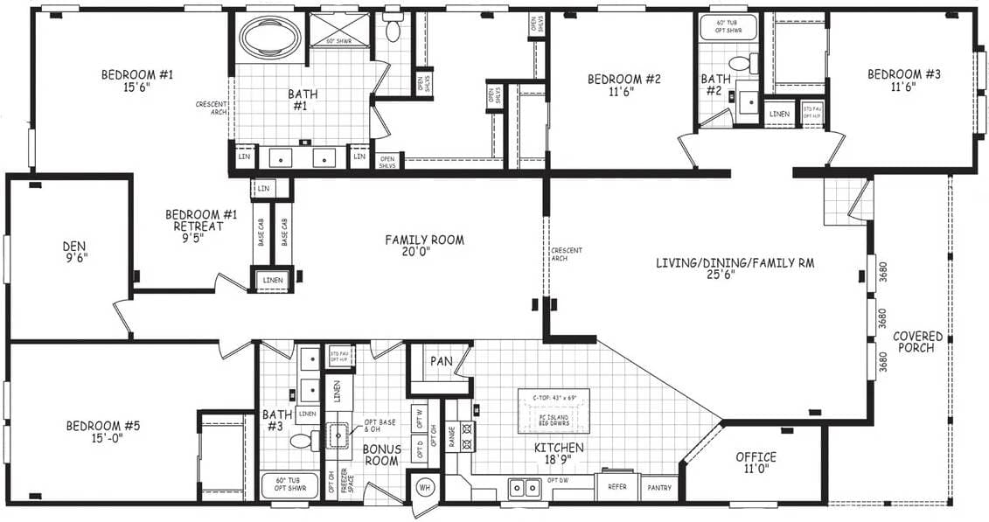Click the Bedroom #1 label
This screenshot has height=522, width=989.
point(137,81)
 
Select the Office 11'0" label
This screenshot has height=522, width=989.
point(756,463)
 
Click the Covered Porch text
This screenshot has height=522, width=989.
point(917,342)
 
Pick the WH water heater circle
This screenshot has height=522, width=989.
point(425,486)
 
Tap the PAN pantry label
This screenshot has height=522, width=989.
point(440,360)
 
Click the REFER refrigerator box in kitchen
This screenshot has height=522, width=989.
point(617,486)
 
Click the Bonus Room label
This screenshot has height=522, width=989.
point(381,455)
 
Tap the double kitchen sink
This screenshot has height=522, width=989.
point(524,488)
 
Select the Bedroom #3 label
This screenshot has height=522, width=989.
point(903,80)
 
